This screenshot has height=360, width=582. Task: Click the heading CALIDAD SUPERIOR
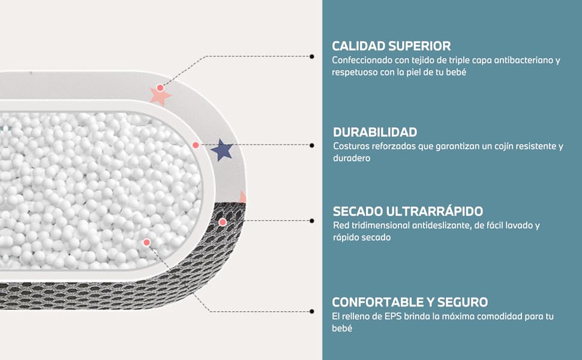point(391,46)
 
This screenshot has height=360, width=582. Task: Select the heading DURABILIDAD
point(375,132)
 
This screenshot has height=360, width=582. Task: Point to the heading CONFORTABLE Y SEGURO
point(410,302)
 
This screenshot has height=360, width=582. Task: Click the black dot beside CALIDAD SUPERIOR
point(311,56)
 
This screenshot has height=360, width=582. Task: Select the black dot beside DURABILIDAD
point(311,145)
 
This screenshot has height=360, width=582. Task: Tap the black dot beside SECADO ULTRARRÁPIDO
point(311,221)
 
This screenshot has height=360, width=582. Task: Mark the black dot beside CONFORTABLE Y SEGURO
point(311,311)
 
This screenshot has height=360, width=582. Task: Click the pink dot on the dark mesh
point(223,222)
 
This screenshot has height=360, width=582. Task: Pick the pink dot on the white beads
point(146,242)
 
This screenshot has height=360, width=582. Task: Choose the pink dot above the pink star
point(160,88)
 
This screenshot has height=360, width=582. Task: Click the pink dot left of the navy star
point(196,145)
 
